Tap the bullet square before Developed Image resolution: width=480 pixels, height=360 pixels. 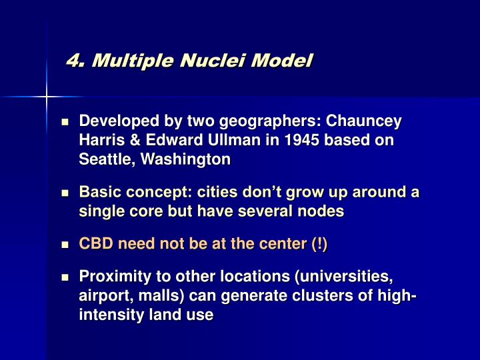[65, 123]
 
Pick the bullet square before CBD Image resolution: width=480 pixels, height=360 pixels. [65, 245]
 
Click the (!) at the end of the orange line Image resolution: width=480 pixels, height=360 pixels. [318, 244]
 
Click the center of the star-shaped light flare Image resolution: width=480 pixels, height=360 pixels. [47, 98]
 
